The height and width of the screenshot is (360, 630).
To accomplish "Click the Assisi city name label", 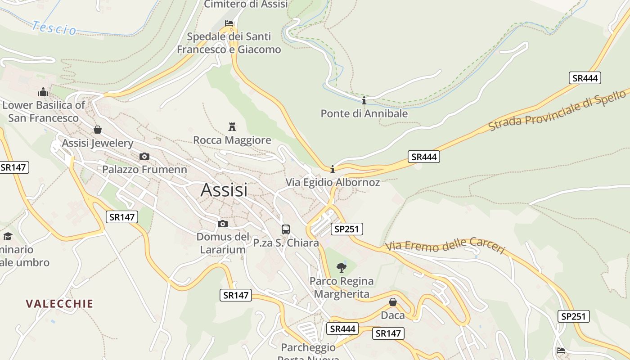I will tap(224, 190).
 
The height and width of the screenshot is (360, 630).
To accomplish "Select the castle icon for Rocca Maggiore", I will tap(232, 126).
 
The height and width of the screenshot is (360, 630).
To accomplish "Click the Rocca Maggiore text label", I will tap(232, 140).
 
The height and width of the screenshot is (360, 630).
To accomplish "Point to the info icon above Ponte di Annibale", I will tap(364, 100).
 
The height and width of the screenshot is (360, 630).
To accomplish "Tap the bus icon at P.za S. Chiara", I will tap(286, 229).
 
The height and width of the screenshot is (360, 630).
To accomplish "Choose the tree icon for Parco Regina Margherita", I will tap(342, 268).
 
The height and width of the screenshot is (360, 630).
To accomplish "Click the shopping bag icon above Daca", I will tap(393, 302).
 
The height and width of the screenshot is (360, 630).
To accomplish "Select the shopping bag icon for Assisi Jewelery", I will tap(98, 130).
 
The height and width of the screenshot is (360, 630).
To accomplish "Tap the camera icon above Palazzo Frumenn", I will tap(144, 156).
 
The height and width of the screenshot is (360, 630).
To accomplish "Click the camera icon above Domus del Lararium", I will tap(223, 224).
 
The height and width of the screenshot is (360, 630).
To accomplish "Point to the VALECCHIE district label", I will tap(59, 304).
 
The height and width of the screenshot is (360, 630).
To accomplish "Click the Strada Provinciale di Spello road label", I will tap(557, 110).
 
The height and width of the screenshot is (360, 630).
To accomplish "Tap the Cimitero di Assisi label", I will tap(246, 4).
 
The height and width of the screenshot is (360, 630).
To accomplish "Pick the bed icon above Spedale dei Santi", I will tap(229, 23).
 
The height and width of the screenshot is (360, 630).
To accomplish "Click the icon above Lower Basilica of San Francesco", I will tap(43, 92).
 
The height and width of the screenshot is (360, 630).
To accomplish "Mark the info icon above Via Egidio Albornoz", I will tap(333, 169).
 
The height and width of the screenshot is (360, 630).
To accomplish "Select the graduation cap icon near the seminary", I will tap(8, 236).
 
